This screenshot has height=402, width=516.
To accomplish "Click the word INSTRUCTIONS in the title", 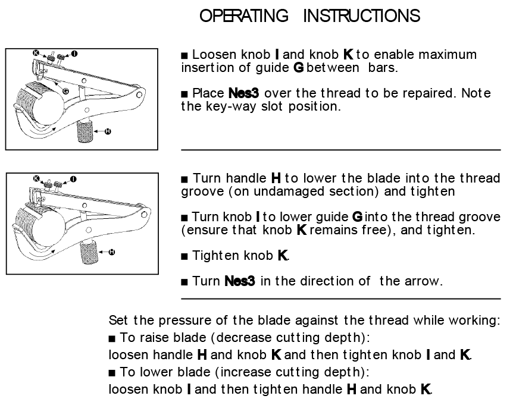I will pyautogui.click(x=361, y=16).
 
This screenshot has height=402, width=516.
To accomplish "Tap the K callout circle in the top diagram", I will pyautogui.click(x=37, y=54).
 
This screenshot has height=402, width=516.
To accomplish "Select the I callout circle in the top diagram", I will pyautogui.click(x=73, y=54).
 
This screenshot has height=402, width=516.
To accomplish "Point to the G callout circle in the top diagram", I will pyautogui.click(x=65, y=90).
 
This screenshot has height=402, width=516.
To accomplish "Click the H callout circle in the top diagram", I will pyautogui.click(x=108, y=131).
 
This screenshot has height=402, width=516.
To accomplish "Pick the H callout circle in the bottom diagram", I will pyautogui.click(x=111, y=252).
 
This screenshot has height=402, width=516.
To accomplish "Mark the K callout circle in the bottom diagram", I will pyautogui.click(x=37, y=178).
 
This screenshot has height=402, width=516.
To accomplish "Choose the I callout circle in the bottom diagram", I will pyautogui.click(x=73, y=178).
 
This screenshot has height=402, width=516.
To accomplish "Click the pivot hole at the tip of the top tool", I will pyautogui.click(x=140, y=94).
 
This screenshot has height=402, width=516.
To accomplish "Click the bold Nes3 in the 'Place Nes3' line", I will pyautogui.click(x=244, y=94).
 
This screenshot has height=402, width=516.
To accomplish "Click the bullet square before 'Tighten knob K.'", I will pyautogui.click(x=184, y=256).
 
